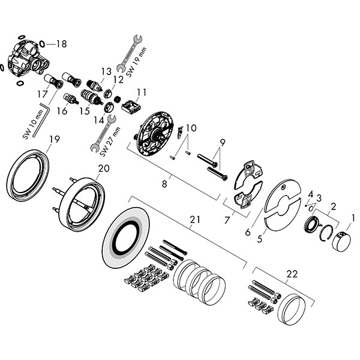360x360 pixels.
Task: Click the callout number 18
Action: [62, 44]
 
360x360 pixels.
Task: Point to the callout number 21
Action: [193, 220]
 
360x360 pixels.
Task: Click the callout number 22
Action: [292, 274]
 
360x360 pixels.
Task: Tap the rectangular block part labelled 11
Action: [130, 107]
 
